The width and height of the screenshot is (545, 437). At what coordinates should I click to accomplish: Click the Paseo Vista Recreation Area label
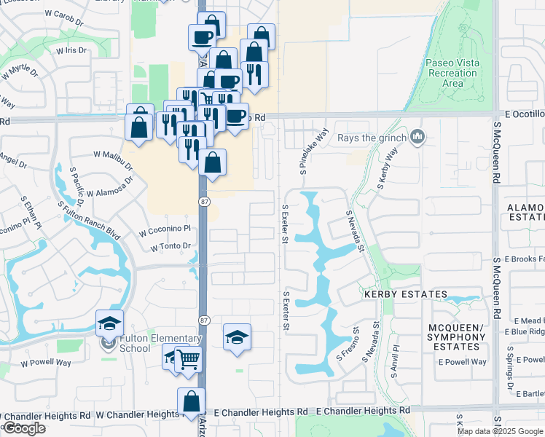click(x=452, y=73)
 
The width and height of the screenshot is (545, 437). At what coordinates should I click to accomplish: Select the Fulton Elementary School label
click(x=150, y=343)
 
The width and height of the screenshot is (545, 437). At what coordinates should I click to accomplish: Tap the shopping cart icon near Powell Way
click(x=188, y=358)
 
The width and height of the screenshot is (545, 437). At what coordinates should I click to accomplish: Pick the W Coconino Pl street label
click(x=165, y=229)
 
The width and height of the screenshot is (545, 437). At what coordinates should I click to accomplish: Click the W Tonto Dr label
click(x=170, y=247)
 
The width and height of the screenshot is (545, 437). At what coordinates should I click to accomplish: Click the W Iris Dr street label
click(x=71, y=50)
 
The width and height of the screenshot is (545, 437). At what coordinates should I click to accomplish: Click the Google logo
click(x=24, y=428)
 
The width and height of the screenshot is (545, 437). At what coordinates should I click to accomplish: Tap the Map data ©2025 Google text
click(x=500, y=431)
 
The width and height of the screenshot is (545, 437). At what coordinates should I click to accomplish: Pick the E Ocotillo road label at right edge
click(x=524, y=114)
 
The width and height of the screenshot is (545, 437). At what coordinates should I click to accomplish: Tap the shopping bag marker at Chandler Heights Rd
click(x=191, y=401)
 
